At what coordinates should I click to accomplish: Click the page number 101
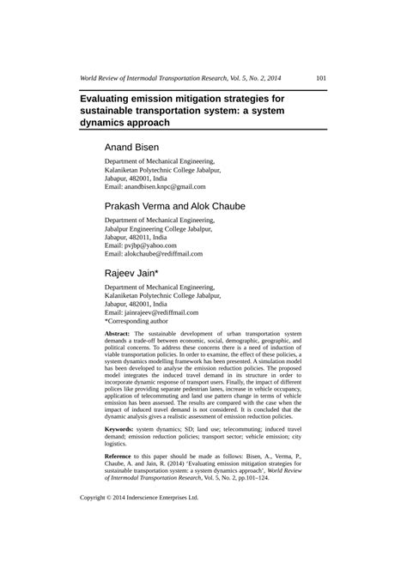[319, 78]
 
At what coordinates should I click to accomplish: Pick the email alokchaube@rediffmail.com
[154, 254]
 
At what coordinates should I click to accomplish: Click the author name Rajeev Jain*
[131, 274]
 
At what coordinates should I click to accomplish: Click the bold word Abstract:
[118, 333]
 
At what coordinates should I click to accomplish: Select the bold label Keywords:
[119, 427]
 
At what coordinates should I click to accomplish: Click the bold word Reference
[122, 456]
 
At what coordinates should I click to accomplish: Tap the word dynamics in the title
[108, 124]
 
